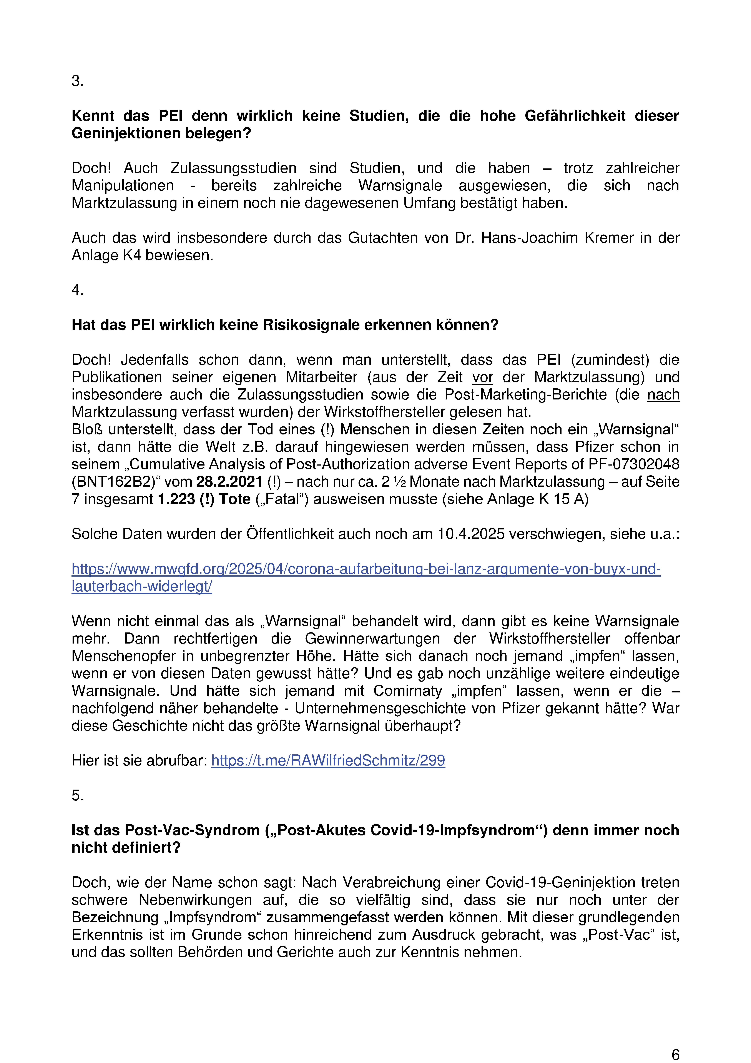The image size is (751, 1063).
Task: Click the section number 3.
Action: pyautogui.click(x=77, y=81)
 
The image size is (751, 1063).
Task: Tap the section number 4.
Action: pyautogui.click(x=77, y=290)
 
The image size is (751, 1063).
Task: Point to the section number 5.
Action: pyautogui.click(x=77, y=795)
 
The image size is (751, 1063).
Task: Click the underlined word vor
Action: pyautogui.click(x=482, y=377)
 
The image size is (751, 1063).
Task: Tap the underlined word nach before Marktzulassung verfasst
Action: pyautogui.click(x=663, y=395)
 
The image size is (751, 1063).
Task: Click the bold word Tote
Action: pyautogui.click(x=235, y=500)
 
